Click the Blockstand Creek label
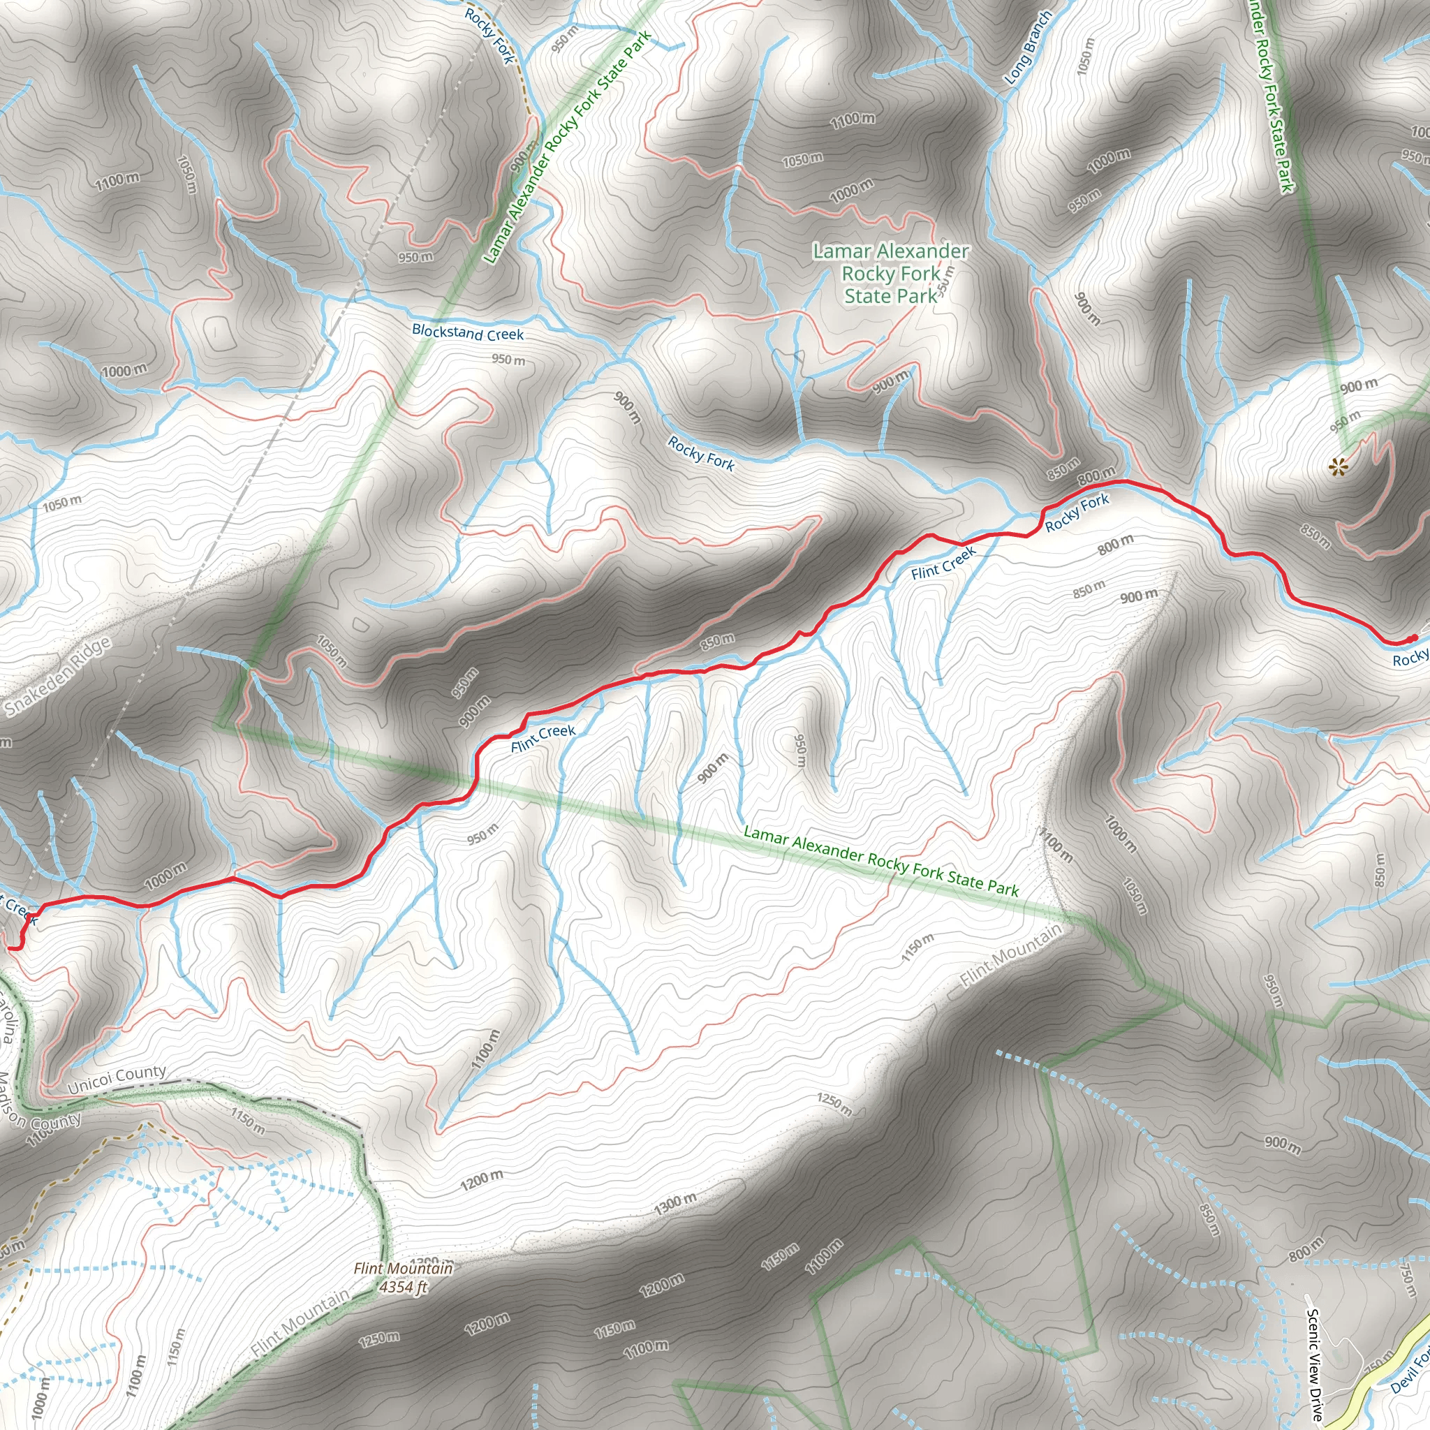[x=467, y=333]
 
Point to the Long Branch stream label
[x=1027, y=47]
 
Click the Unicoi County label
[x=117, y=1080]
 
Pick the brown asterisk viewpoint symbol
[x=1336, y=466]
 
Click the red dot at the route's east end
[x=1413, y=638]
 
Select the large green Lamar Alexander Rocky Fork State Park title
[x=890, y=274]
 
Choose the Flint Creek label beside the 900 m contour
[x=543, y=738]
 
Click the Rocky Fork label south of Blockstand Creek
[x=700, y=454]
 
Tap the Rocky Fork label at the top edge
[x=489, y=35]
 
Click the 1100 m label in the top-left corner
[x=117, y=181]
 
